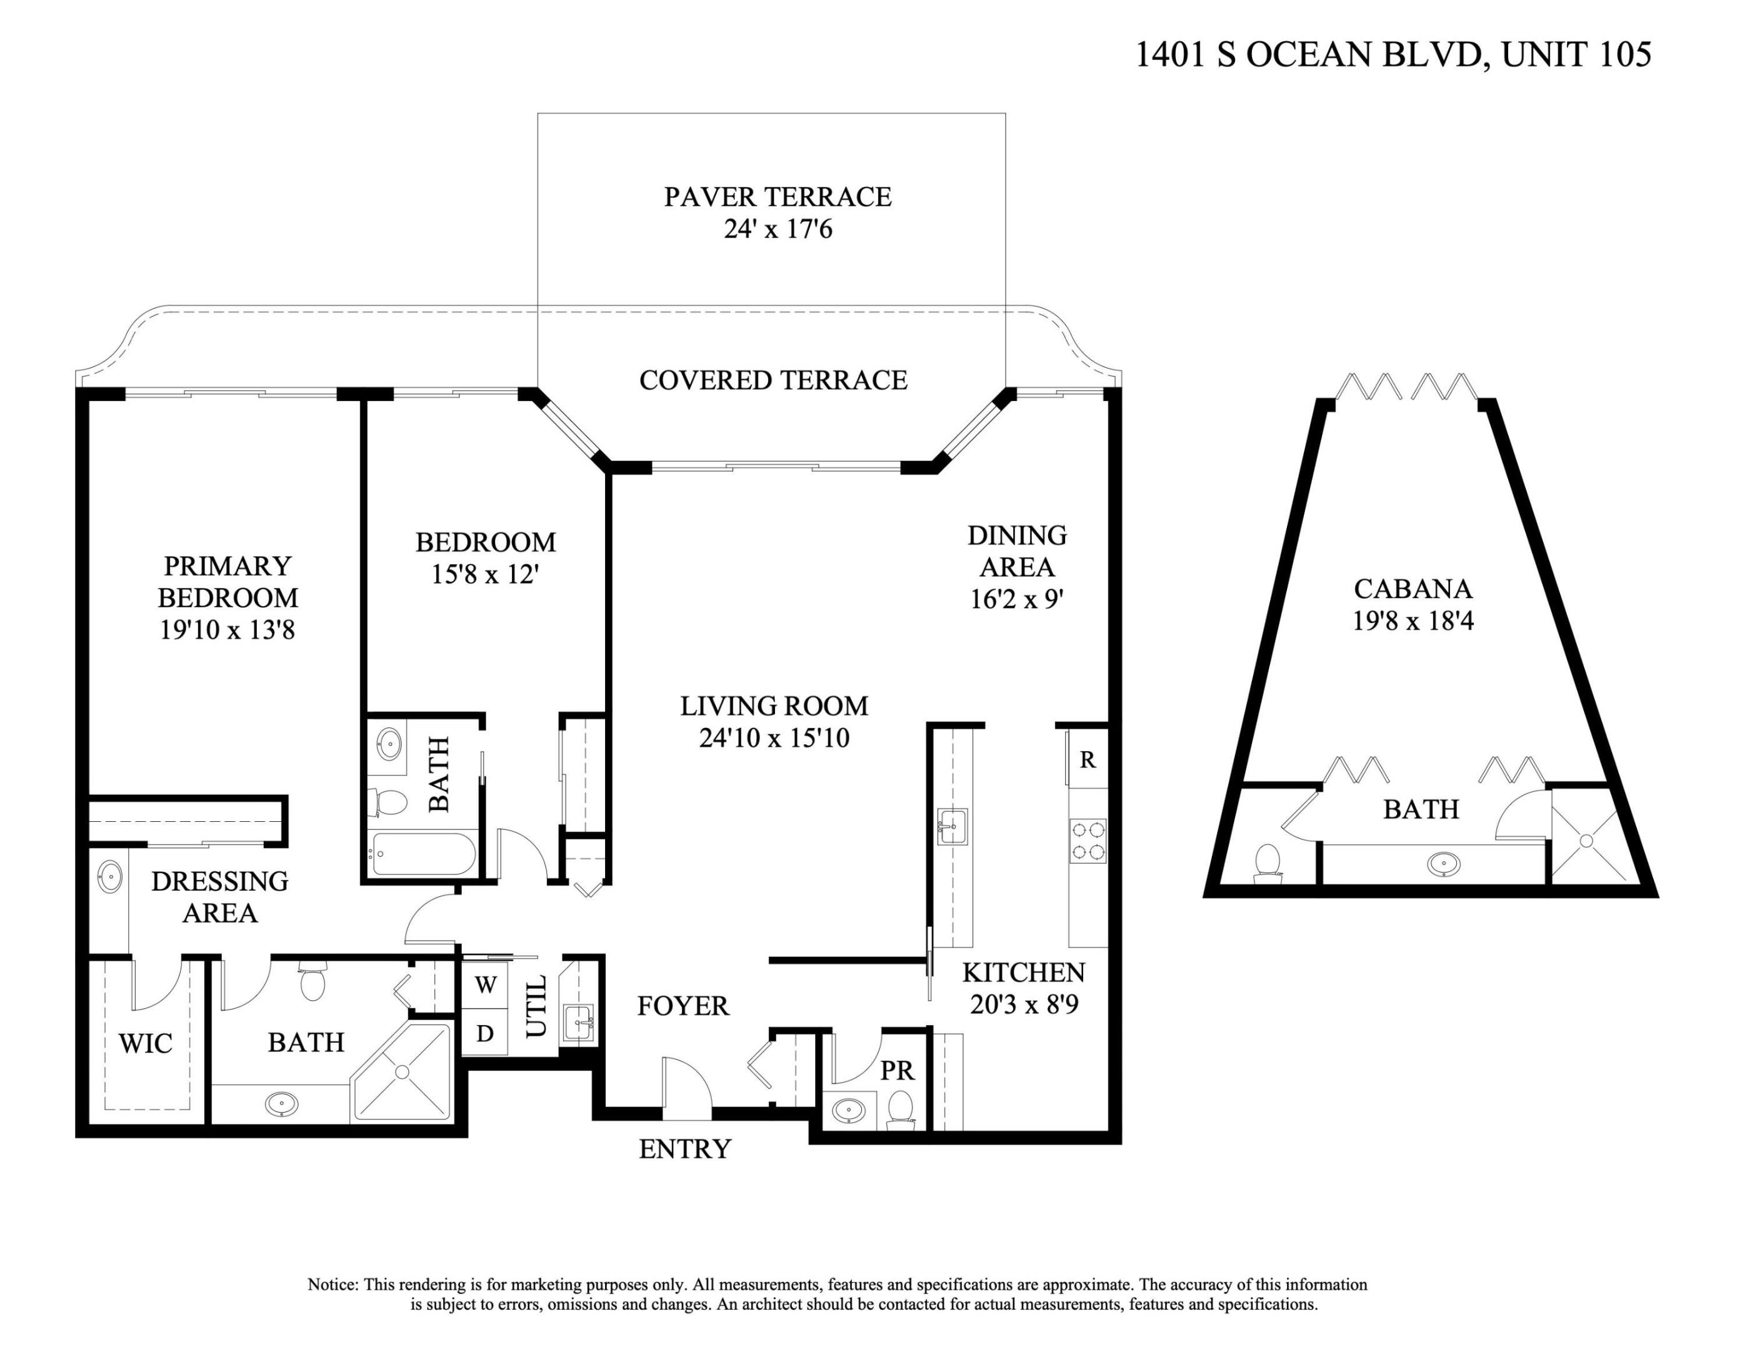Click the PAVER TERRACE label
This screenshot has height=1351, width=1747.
coord(777,197)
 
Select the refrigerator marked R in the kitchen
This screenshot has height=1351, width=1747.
coord(1087,759)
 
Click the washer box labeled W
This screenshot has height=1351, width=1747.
coord(485,985)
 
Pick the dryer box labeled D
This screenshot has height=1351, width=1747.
coord(485,1033)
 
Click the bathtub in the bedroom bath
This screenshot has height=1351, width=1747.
coord(423,855)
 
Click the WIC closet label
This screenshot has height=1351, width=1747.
coord(145,1044)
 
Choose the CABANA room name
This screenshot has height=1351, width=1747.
coord(1413,589)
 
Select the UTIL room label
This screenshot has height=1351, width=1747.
coord(535,1005)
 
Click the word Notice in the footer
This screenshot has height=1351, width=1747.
coord(331,1285)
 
